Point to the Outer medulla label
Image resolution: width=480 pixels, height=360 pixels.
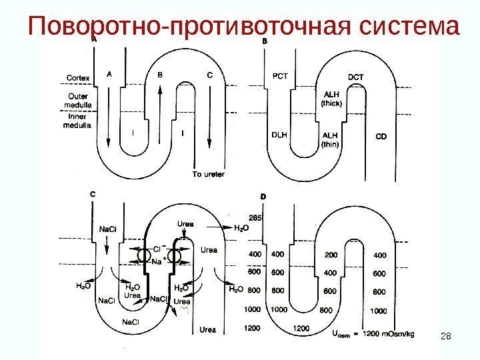pyautogui.click(x=78, y=99)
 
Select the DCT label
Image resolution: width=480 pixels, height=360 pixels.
pyautogui.click(x=356, y=77)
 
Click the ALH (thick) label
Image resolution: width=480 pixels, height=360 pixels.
pyautogui.click(x=331, y=99)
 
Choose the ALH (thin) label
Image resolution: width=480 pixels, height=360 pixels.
pyautogui.click(x=330, y=139)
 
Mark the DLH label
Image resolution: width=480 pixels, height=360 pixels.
pyautogui.click(x=279, y=134)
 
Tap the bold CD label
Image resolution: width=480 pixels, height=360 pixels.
pyautogui.click(x=381, y=135)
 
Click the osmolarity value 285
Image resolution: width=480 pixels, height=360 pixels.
pyautogui.click(x=254, y=217)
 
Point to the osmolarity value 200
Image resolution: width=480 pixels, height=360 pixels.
pyautogui.click(x=330, y=255)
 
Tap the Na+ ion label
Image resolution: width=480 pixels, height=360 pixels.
pyautogui.click(x=159, y=262)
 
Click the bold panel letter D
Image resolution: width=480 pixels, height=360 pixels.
pyautogui.click(x=263, y=196)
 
